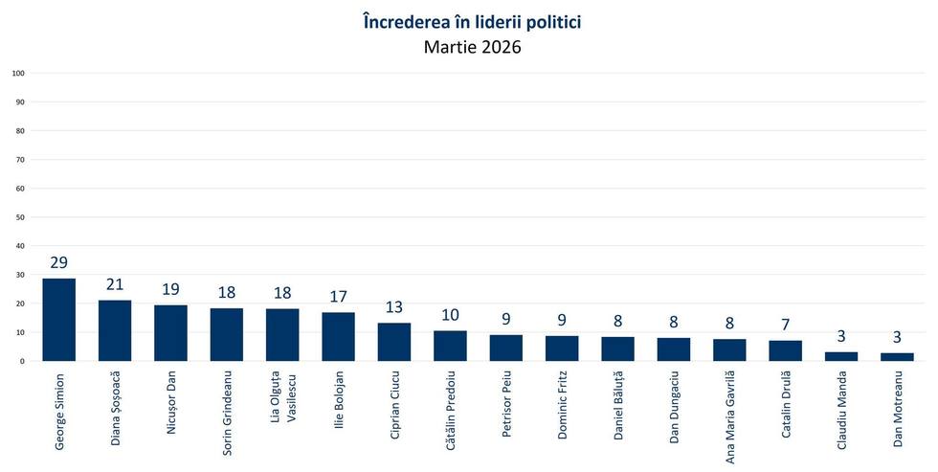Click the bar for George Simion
(59, 320)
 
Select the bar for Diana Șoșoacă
(115, 330)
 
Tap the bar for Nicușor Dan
(171, 333)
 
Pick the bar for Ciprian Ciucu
(394, 342)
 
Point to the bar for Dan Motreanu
(897, 357)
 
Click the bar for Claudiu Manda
(841, 356)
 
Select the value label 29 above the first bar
(59, 262)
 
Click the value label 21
(115, 285)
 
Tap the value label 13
(394, 307)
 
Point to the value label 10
(450, 315)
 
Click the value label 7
(785, 325)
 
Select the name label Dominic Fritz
(562, 408)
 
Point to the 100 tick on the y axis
(18, 73)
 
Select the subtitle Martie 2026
(474, 47)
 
